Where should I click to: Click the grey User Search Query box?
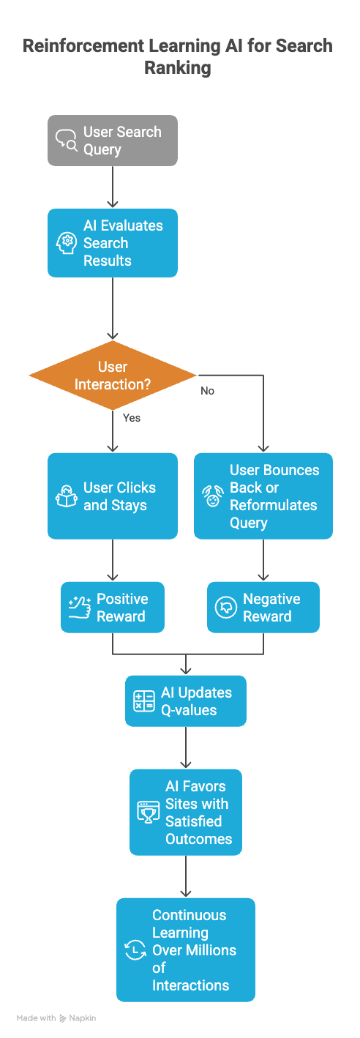113,141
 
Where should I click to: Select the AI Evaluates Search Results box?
113,243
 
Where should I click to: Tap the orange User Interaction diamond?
113,375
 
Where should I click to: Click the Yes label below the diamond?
132,418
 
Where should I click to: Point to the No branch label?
208,391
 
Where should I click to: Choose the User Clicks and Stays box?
113,496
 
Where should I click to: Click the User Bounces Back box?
263,496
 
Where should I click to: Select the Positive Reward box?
113,608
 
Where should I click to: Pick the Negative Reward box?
263,608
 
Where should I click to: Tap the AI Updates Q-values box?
186,701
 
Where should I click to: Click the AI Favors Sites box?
186,813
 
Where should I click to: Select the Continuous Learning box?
186,950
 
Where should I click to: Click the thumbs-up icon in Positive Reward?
79,608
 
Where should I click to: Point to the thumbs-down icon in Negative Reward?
225,608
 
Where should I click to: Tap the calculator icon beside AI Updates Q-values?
144,701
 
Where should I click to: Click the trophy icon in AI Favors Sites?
149,813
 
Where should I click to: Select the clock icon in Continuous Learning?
135,950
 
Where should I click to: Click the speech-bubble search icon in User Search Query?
67,141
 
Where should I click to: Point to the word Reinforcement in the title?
83,46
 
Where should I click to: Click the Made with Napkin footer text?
56,1018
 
